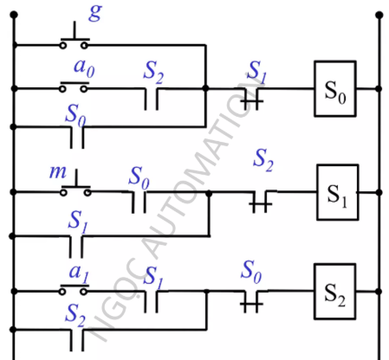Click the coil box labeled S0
pos(335,88)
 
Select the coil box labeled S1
pos(338,192)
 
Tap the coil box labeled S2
pos(335,292)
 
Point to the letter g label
pos(95,13)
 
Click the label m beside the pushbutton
pos(58,172)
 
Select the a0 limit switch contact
pos(74,87)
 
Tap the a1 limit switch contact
pos(74,290)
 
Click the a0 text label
pos(84,68)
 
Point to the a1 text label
pos(79,273)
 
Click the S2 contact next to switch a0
pos(151,99)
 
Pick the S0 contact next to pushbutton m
pos(139,202)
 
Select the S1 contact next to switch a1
pos(151,302)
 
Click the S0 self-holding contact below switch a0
pos(77,138)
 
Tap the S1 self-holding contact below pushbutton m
pos(76,247)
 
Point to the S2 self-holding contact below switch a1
pos(77,340)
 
